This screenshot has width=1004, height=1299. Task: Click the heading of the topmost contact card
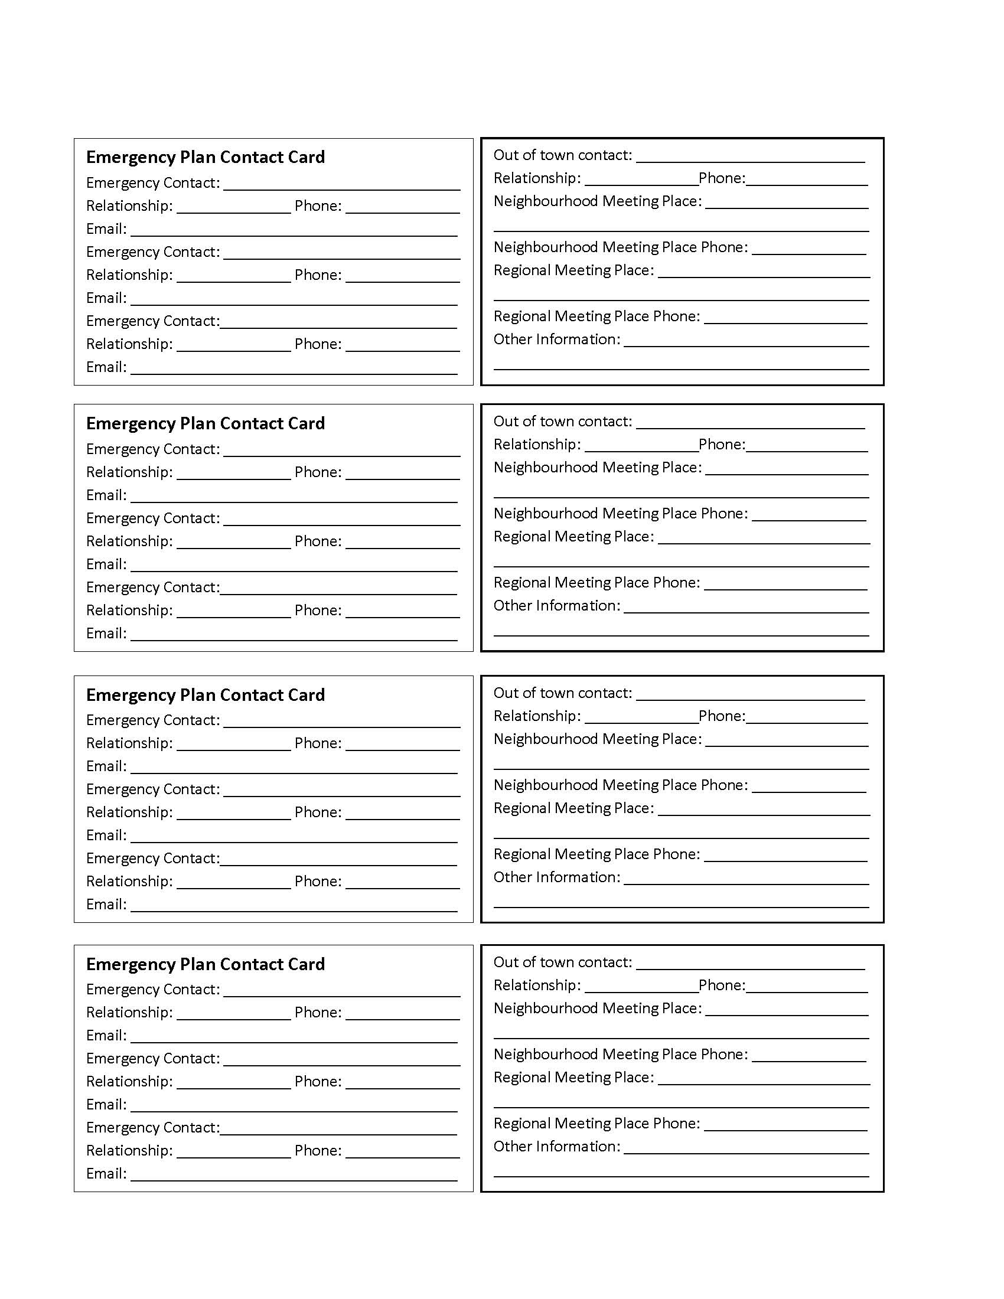point(205,157)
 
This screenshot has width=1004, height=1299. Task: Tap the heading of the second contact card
point(205,423)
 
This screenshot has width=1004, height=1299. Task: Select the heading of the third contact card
point(205,695)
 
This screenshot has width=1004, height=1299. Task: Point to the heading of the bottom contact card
point(205,964)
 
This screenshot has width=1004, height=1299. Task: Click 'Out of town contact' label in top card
point(562,155)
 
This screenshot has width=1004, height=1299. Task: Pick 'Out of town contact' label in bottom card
point(562,962)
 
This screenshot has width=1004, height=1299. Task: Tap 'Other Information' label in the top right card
point(556,340)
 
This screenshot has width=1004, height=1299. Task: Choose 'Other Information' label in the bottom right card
point(556,1147)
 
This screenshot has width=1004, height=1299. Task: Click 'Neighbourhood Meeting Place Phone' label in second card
point(620,514)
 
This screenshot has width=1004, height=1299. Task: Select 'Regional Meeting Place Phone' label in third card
point(596,855)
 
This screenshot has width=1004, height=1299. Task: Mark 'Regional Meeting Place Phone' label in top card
point(596,316)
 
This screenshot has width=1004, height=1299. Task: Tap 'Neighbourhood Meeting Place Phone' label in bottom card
point(620,1055)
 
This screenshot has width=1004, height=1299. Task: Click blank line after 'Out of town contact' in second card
point(750,426)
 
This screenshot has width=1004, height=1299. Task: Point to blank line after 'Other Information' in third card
point(746,883)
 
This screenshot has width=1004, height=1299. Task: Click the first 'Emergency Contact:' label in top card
point(153,183)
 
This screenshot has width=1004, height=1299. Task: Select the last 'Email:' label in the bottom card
point(106,1174)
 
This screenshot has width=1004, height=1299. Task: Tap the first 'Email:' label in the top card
point(106,229)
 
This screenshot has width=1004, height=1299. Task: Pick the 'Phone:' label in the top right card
point(722,178)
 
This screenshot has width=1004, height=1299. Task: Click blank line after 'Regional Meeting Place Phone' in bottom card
point(785,1129)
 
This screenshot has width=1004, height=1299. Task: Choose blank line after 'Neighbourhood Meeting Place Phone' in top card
point(809,253)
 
